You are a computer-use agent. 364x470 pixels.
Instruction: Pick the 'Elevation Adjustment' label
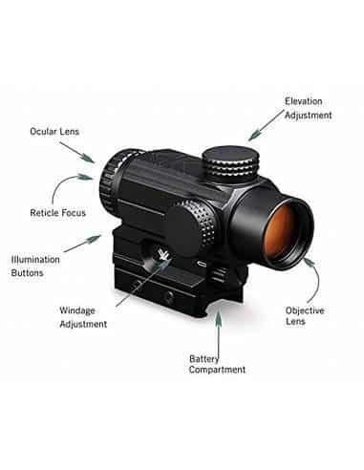308,108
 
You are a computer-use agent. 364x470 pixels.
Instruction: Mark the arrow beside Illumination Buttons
85,246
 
